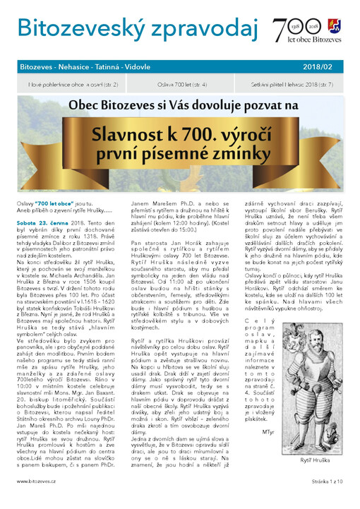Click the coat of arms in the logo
(x=334, y=26)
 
